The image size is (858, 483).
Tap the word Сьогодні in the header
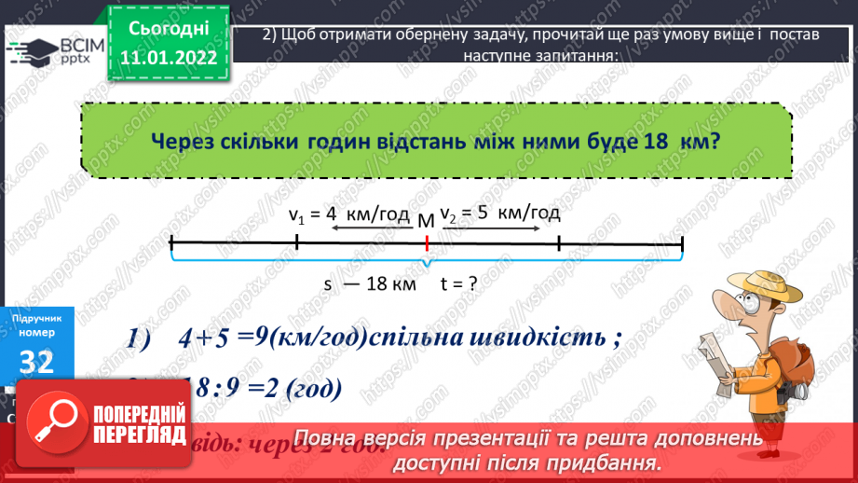pyautogui.click(x=169, y=27)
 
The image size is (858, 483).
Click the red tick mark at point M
pyautogui.click(x=427, y=243)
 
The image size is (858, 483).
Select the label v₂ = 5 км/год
pyautogui.click(x=500, y=213)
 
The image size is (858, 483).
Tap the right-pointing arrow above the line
pyautogui.click(x=495, y=228)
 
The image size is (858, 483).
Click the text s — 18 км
pyautogui.click(x=369, y=285)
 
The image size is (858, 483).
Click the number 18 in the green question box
pyautogui.click(x=656, y=143)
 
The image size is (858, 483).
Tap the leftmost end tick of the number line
pyautogui.click(x=172, y=243)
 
